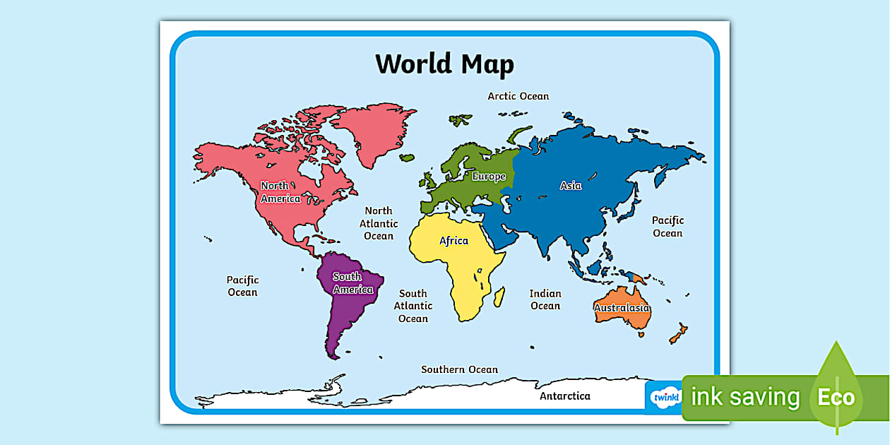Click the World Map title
pyautogui.click(x=444, y=64)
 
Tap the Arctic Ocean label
pyautogui.click(x=518, y=96)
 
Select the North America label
pyautogui.click(x=280, y=192)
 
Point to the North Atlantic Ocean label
pyautogui.click(x=379, y=223)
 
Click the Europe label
pyautogui.click(x=489, y=177)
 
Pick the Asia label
pyautogui.click(x=571, y=186)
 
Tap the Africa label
pyautogui.click(x=453, y=241)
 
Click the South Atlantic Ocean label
pyautogui.click(x=413, y=306)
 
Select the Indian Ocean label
pyautogui.click(x=545, y=299)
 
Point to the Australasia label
pyautogui.click(x=622, y=308)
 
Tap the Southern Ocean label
pyautogui.click(x=459, y=369)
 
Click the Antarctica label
pyautogui.click(x=565, y=396)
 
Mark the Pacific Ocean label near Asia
pyautogui.click(x=667, y=227)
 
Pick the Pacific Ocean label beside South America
pyautogui.click(x=242, y=286)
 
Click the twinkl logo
pyautogui.click(x=664, y=398)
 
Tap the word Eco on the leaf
pyautogui.click(x=836, y=398)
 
